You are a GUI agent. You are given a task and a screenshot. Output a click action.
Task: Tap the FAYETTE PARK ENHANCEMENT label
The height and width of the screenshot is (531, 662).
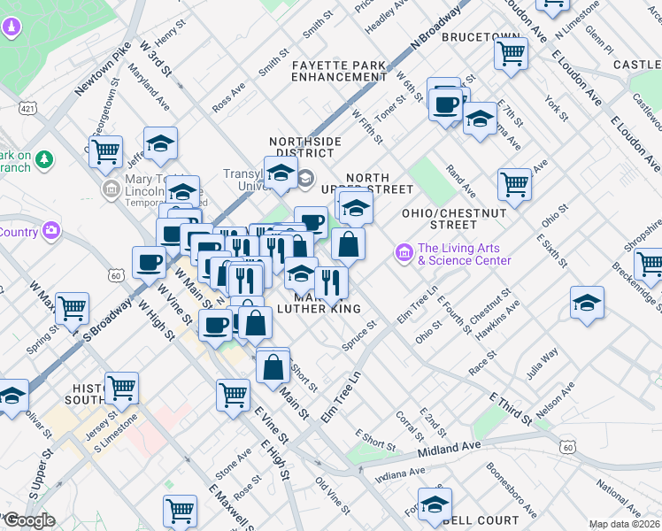tap(339, 71)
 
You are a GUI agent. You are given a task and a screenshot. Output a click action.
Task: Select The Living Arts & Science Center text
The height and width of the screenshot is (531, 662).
tap(464, 255)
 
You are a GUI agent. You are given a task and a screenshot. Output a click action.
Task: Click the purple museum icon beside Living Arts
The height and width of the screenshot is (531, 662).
tap(404, 254)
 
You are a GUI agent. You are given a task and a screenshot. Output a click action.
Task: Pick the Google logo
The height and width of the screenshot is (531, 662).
tap(28, 520)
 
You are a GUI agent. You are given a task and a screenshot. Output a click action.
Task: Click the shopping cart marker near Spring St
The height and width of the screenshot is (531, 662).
tap(72, 308)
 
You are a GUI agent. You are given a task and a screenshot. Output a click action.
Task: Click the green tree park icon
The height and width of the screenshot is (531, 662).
tap(42, 159)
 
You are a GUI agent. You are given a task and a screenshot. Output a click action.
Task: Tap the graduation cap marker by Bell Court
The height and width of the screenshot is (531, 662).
tap(435, 504)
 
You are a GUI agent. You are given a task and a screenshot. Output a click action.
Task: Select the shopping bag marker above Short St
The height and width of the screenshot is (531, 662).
tap(273, 364)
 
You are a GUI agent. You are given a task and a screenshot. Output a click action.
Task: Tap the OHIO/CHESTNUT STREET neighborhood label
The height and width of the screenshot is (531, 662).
tap(454, 219)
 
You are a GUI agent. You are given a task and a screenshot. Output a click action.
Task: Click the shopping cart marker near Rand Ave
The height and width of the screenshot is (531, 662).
tap(514, 184)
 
